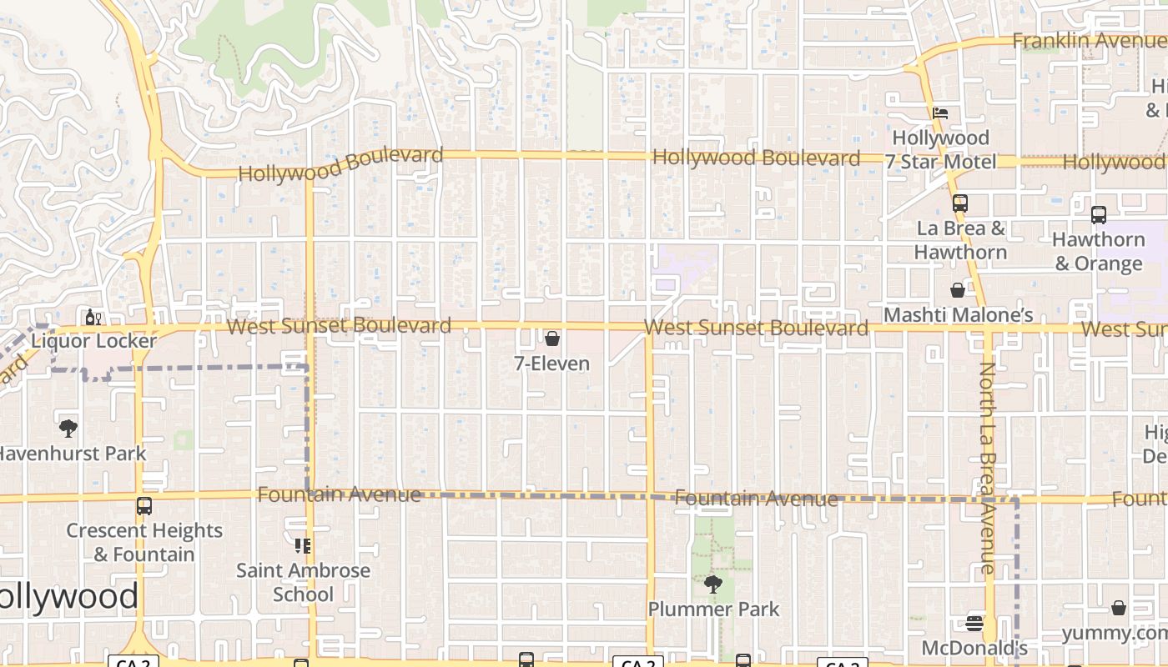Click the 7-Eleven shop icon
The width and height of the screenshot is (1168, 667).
coord(551,339)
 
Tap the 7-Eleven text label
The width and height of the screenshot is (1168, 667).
coord(552,364)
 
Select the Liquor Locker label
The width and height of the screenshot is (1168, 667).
coord(93,341)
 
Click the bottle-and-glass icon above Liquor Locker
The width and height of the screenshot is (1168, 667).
coord(93,317)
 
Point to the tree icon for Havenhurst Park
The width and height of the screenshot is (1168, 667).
coord(68,429)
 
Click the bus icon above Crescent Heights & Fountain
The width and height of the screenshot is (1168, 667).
coord(144,506)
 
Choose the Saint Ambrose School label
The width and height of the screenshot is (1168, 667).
coord(304,582)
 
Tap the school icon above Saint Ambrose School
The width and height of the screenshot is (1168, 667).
coord(303,546)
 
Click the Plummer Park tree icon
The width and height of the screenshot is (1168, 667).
coord(713,584)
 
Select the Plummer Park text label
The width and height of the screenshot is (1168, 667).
coord(714,609)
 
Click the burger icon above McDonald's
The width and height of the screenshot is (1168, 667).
coord(974,624)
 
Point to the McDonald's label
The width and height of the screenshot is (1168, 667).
coord(974,648)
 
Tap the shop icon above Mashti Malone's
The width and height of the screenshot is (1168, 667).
coord(958,290)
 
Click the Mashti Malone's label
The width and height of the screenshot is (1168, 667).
coord(959,315)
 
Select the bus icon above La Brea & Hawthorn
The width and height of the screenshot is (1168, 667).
coord(960,203)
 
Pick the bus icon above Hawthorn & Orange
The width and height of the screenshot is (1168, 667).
coord(1099,214)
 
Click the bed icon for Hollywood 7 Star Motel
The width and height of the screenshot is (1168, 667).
coord(940,113)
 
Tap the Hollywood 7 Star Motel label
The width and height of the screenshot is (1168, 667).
coord(941,149)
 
